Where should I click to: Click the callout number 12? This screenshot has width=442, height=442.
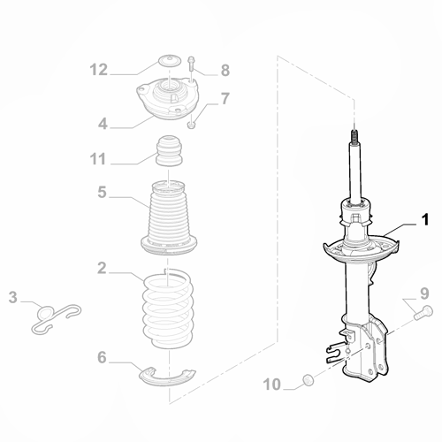pos(98,69)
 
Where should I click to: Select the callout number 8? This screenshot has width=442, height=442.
pos(225,69)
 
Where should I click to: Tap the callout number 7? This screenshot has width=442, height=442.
pos(225,98)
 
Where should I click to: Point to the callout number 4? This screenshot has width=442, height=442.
pos(103,125)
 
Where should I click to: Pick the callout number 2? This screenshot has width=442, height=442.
pos(103,268)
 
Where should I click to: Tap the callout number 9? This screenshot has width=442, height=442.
pos(424,293)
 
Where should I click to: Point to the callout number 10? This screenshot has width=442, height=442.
pos(271,384)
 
